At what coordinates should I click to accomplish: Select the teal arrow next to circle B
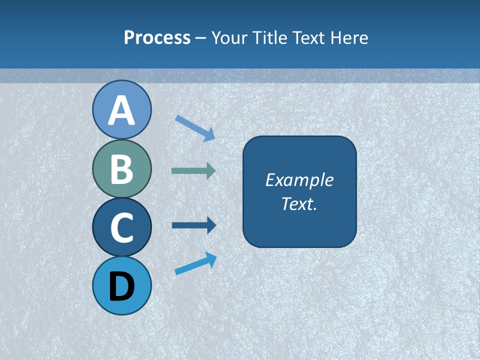point(193,171)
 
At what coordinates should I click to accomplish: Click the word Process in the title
point(157,37)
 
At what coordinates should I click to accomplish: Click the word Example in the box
point(299,180)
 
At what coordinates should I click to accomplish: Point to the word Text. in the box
point(299,203)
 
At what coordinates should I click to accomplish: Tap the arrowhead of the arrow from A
point(210,134)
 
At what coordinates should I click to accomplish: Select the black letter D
point(121,286)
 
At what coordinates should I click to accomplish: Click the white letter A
point(121,111)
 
